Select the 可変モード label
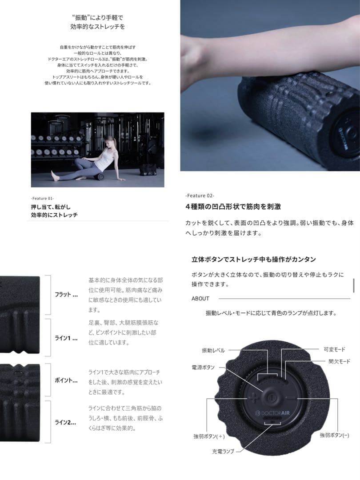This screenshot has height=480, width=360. (334, 349)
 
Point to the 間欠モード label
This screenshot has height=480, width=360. (339, 362)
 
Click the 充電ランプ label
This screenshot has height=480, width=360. (223, 452)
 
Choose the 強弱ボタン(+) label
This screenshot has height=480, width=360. (209, 436)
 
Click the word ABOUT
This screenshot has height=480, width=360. (200, 299)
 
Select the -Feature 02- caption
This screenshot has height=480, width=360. (200, 196)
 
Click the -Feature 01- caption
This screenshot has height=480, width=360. (43, 198)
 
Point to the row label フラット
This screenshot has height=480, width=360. (66, 295)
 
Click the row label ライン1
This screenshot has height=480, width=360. (66, 338)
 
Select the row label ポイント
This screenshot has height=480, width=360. (66, 381)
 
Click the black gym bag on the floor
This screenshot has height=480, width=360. (148, 169)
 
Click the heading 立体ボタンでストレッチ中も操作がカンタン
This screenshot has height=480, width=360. (254, 259)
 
